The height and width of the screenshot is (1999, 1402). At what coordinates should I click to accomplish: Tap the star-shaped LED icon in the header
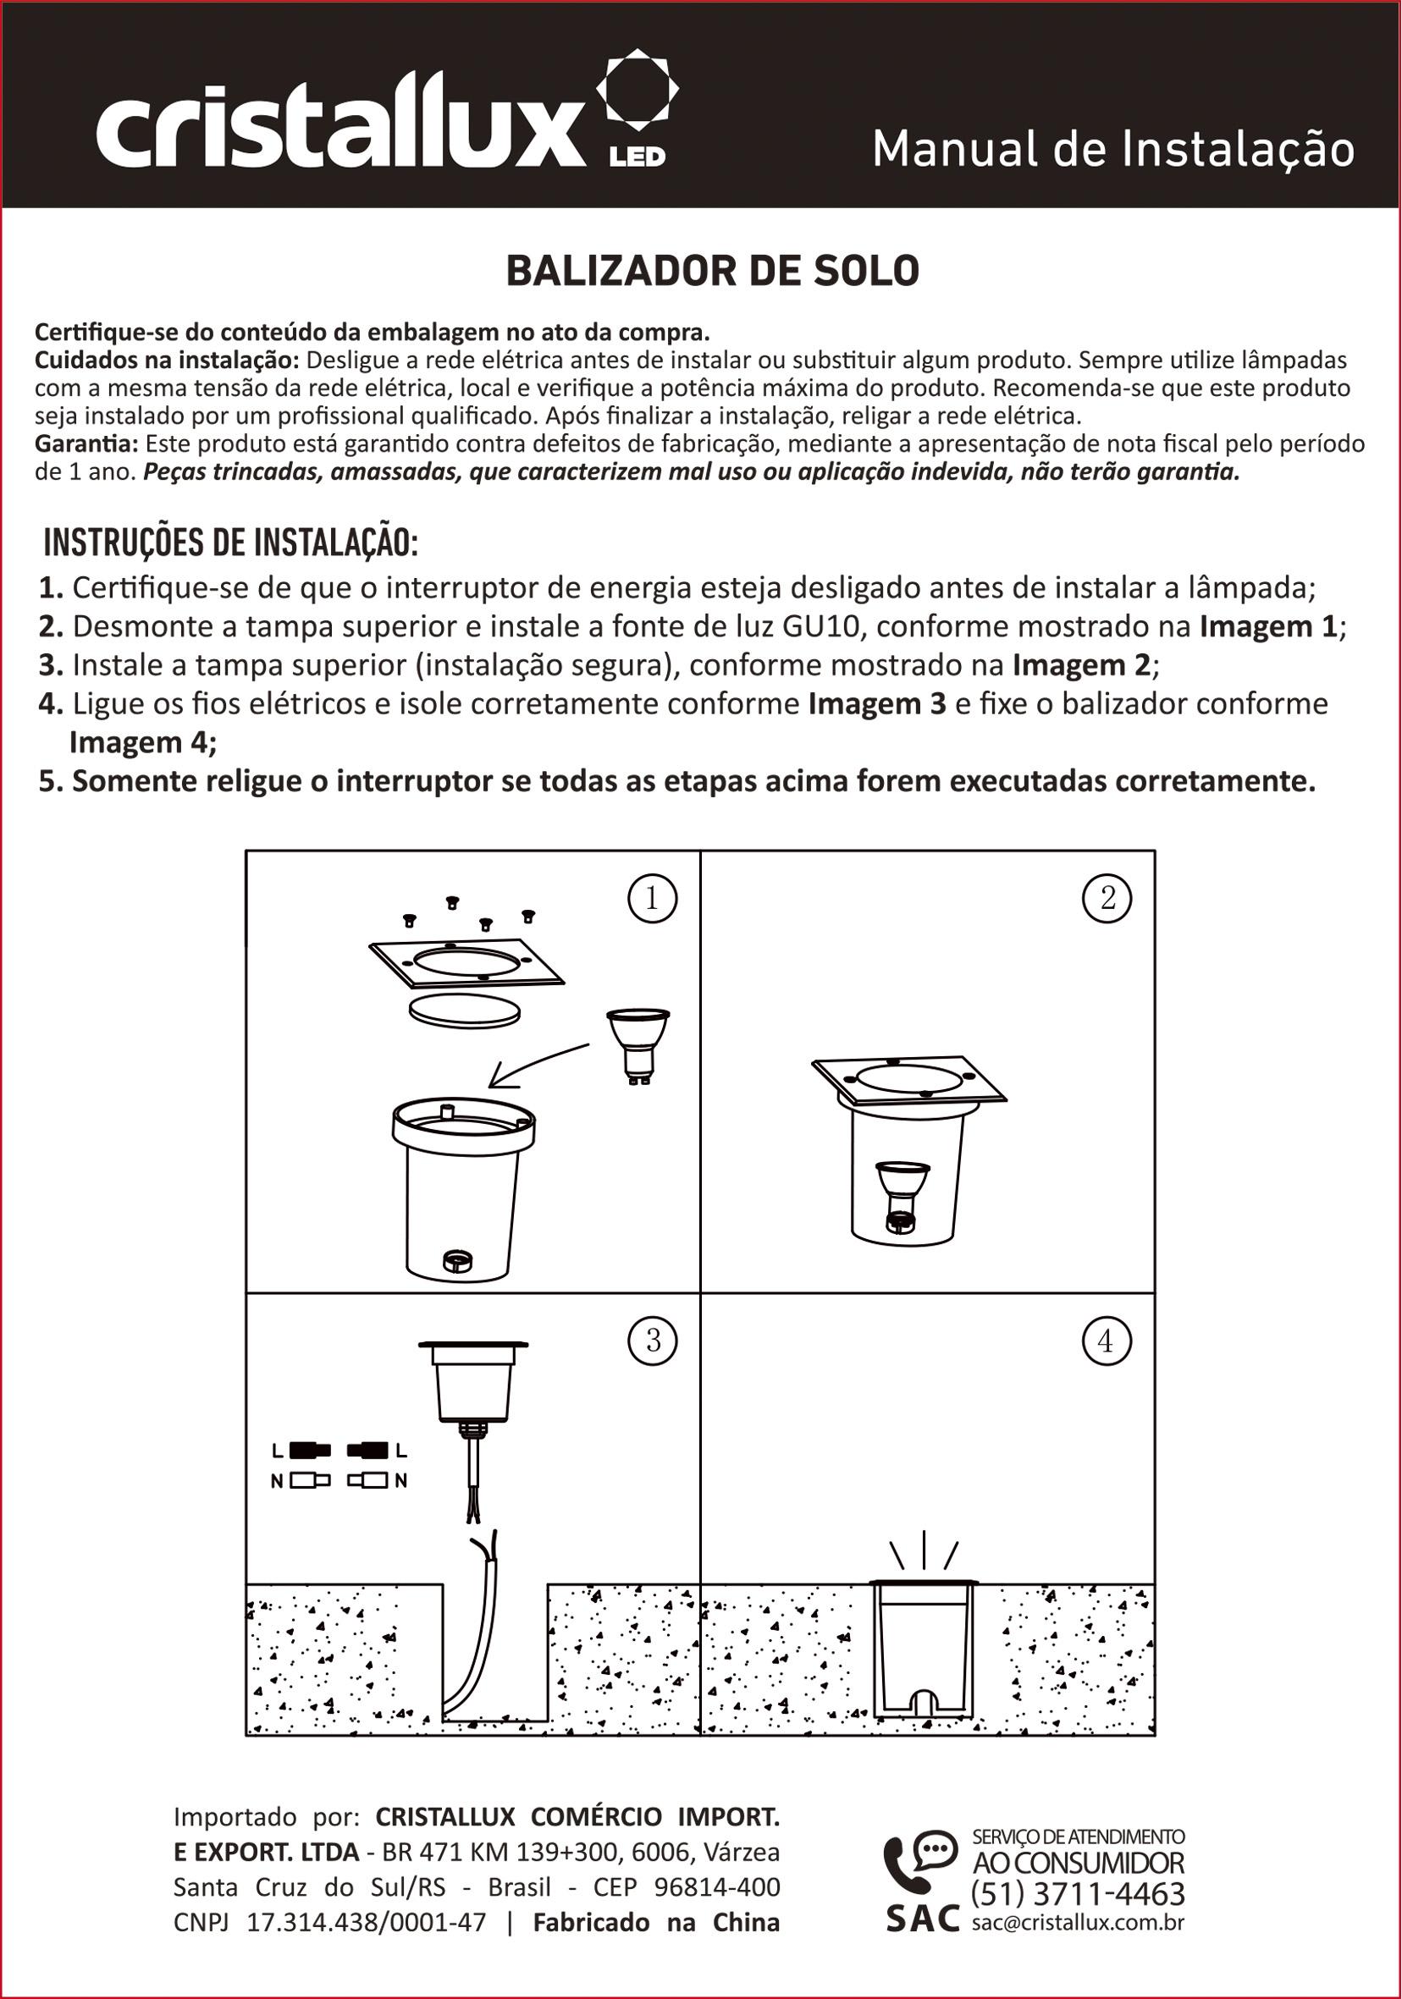tap(637, 88)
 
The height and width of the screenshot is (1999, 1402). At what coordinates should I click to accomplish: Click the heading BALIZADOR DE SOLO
tap(712, 271)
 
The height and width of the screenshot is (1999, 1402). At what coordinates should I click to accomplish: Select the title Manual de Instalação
tap(1113, 149)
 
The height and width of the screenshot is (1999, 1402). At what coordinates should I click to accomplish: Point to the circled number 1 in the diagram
tap(652, 899)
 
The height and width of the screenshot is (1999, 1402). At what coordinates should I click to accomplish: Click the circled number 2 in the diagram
tap(1107, 899)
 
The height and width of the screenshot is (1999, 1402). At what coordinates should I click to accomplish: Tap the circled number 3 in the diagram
tap(652, 1341)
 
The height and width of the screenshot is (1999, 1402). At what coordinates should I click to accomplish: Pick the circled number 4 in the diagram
tap(1106, 1341)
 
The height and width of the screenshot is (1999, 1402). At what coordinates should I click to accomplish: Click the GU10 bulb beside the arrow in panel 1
tap(638, 1043)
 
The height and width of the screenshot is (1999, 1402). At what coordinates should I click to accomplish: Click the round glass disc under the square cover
tap(465, 1011)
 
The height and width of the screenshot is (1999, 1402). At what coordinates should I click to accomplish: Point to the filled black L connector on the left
tap(310, 1451)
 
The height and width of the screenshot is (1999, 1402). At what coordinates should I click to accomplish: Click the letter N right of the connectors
tap(400, 1480)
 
